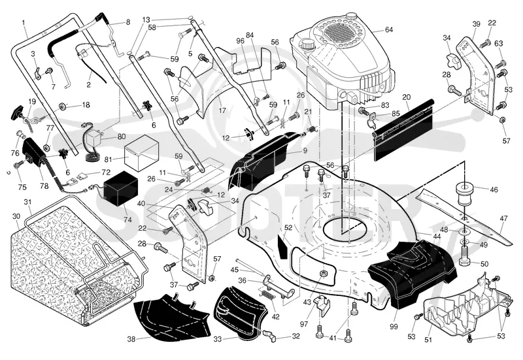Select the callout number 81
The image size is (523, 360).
(x=108, y=159)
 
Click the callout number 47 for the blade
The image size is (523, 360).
(x=503, y=218)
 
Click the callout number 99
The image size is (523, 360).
(x=394, y=326)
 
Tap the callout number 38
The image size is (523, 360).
(x=131, y=339)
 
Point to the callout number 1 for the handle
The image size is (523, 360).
(x=24, y=23)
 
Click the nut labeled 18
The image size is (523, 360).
(x=62, y=106)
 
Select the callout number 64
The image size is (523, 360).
(x=389, y=29)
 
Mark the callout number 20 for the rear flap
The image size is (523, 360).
(x=406, y=97)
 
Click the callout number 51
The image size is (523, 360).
(x=428, y=340)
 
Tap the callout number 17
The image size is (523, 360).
(x=222, y=110)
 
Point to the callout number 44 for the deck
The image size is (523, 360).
(x=437, y=237)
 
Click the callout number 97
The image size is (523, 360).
(x=303, y=324)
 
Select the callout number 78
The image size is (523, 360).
(x=44, y=186)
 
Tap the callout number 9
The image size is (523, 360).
(x=305, y=151)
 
